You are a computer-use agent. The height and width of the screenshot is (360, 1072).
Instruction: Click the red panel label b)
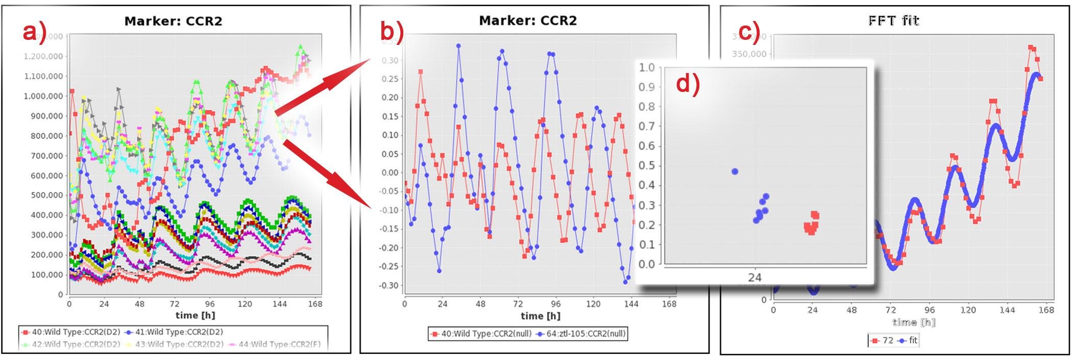(392, 32)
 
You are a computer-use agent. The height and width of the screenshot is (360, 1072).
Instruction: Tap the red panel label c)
(749, 32)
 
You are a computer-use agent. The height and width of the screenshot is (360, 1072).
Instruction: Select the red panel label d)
(688, 84)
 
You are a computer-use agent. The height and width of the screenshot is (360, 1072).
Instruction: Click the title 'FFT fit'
(893, 20)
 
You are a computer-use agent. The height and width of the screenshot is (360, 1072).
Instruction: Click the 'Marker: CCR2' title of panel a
(173, 21)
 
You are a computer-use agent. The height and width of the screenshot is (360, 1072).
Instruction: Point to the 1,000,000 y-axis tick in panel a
(43, 96)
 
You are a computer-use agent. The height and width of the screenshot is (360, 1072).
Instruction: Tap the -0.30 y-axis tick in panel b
(388, 285)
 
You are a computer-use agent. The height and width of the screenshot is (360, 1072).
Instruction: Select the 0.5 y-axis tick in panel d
(647, 165)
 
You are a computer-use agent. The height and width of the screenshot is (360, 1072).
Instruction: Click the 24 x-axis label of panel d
(754, 277)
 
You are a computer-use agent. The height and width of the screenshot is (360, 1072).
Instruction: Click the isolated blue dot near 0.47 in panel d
(735, 172)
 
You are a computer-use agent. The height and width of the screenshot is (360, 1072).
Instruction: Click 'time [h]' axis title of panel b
(541, 316)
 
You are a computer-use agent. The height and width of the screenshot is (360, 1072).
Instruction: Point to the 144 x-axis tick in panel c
(1007, 310)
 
